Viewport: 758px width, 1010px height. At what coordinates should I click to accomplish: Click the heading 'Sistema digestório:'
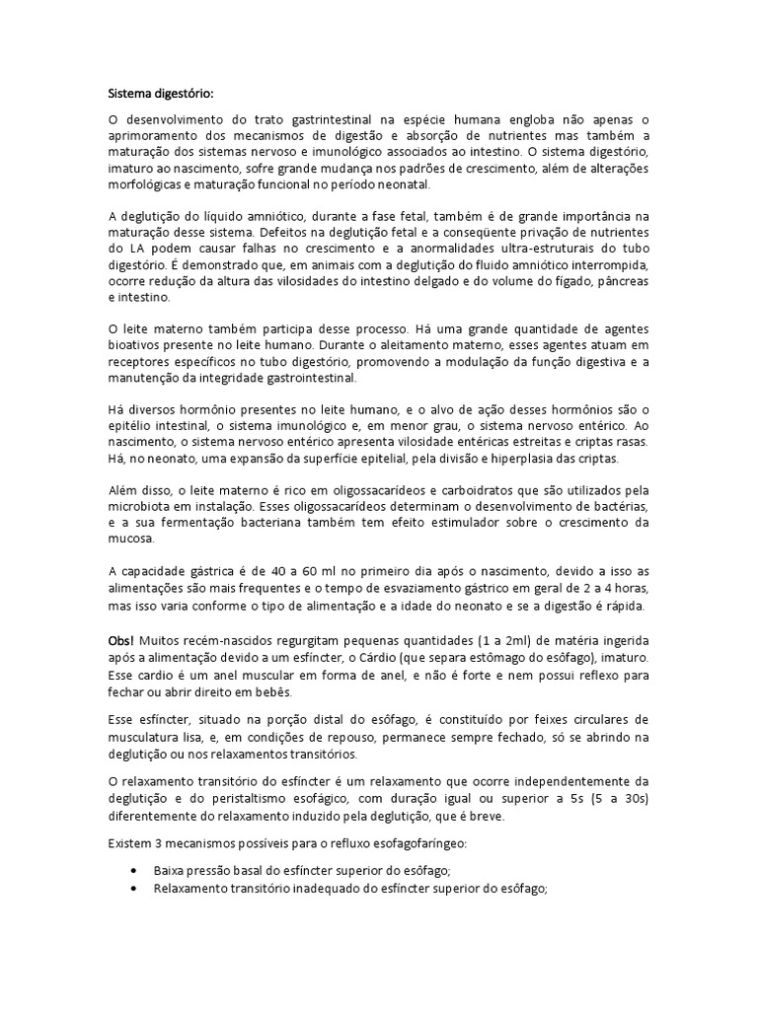[159, 94]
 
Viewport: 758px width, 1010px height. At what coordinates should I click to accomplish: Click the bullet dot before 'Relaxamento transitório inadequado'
[133, 889]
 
